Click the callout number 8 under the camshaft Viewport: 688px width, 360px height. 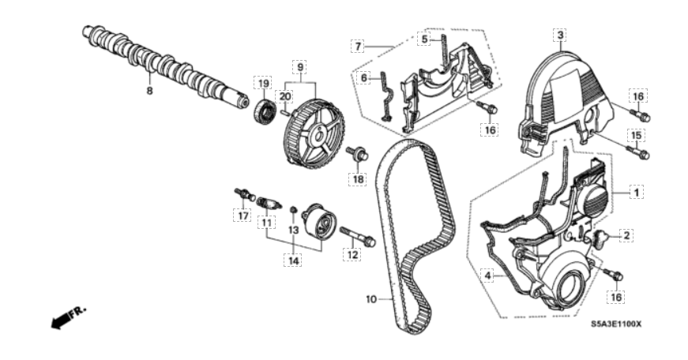coord(149,92)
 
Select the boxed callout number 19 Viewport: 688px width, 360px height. coord(263,83)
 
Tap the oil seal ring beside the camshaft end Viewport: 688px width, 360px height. coord(264,112)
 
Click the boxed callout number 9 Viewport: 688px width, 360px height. coord(300,68)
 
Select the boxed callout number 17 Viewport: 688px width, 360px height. coord(242,216)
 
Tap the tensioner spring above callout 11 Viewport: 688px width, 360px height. coord(268,204)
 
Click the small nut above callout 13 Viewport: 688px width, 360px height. coord(294,208)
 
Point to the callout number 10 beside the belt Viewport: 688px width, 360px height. coord(371,299)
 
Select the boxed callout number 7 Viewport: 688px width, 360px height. coord(358,46)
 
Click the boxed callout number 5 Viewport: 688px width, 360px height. coord(424,39)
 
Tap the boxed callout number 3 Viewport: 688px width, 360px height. coord(560,35)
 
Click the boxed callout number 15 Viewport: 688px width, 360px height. coord(637,136)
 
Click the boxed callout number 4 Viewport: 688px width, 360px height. coord(487,276)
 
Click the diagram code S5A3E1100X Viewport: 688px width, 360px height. coord(615,324)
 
